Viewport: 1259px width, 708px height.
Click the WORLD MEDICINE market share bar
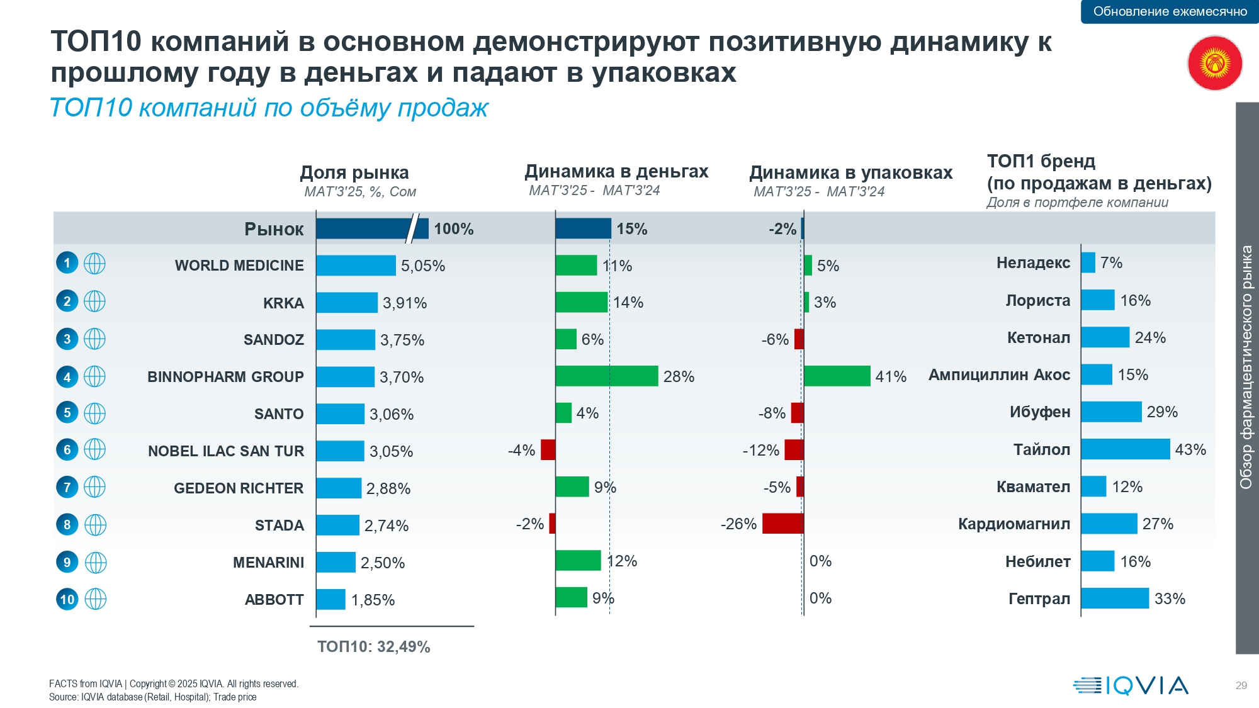click(x=356, y=266)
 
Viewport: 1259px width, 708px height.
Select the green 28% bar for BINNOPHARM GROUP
click(x=606, y=376)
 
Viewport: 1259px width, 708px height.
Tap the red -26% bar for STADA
click(x=782, y=524)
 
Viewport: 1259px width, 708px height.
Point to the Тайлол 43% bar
click(x=1125, y=449)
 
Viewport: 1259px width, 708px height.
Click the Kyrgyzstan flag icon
click(x=1214, y=64)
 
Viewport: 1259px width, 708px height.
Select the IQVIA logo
click(x=1131, y=685)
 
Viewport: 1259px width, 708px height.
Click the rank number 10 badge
click(x=67, y=599)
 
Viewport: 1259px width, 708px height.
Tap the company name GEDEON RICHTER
click(x=239, y=488)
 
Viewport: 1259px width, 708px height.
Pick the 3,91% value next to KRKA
click(x=405, y=303)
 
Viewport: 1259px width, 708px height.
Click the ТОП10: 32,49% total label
click(x=373, y=647)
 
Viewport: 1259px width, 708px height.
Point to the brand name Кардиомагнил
click(x=1013, y=524)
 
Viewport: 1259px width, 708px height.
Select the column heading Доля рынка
click(x=354, y=172)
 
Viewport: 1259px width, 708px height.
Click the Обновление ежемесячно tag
click(x=1170, y=11)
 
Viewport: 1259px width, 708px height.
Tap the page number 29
click(x=1241, y=685)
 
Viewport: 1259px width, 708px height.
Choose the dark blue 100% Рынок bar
click(x=371, y=228)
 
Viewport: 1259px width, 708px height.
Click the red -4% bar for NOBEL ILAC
click(x=548, y=450)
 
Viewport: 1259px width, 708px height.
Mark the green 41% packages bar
click(x=837, y=376)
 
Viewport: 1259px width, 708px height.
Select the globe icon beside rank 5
click(x=94, y=413)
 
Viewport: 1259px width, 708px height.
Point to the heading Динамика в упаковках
click(x=850, y=172)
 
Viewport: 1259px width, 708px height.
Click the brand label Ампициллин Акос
click(x=999, y=375)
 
